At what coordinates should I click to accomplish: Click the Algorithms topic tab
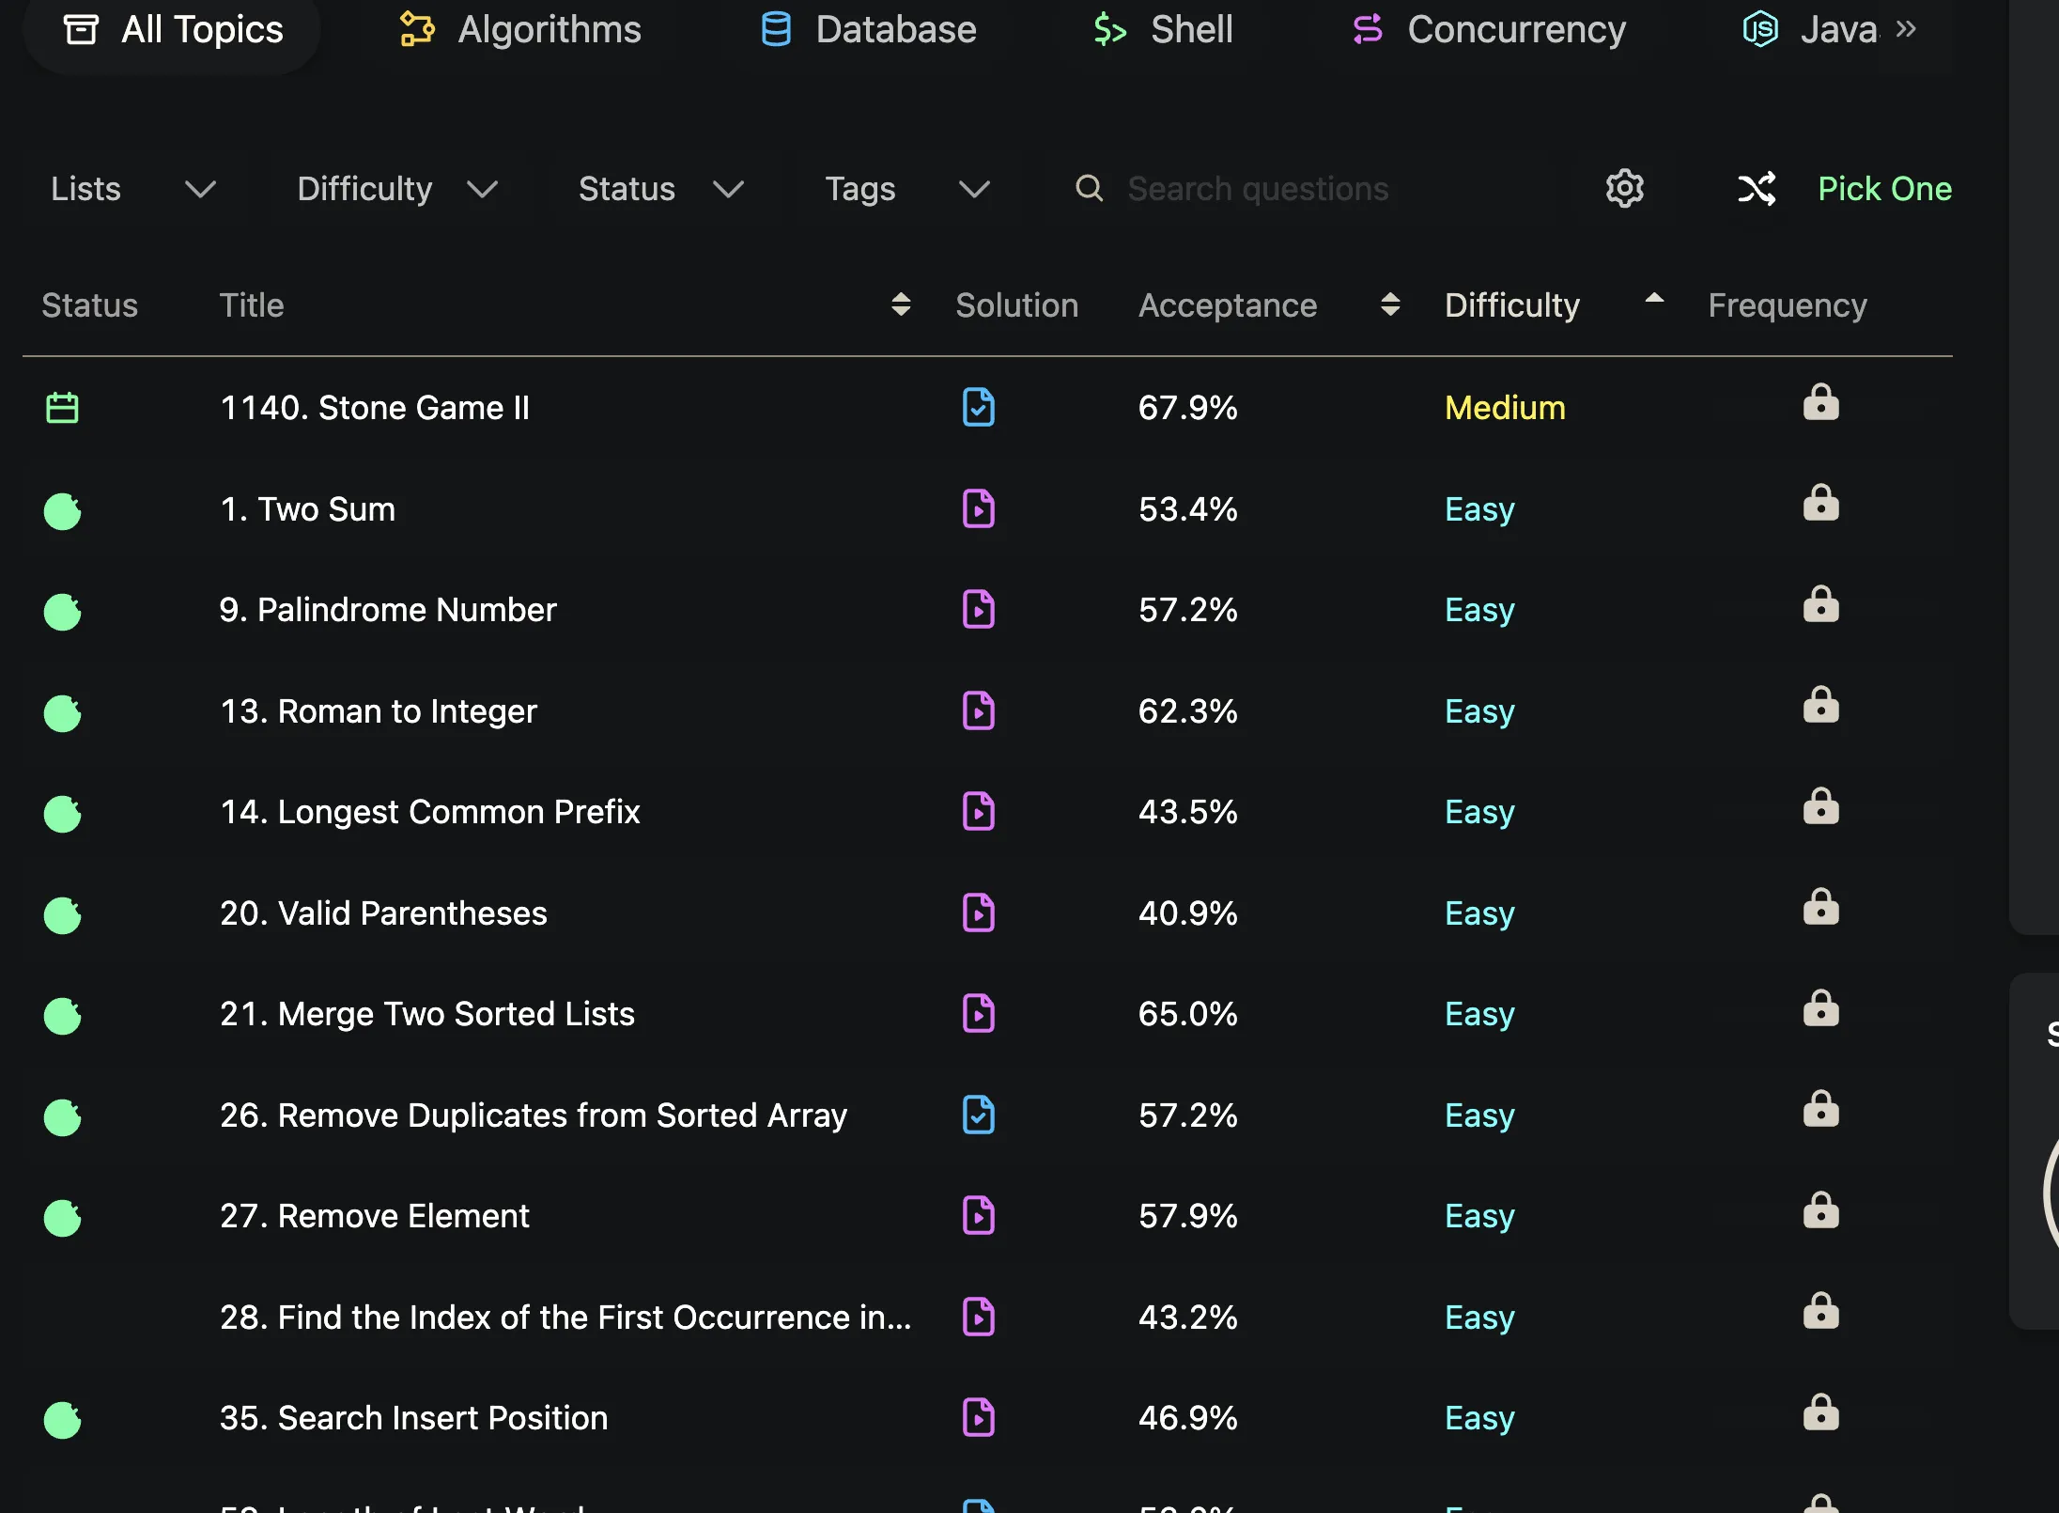[x=520, y=29]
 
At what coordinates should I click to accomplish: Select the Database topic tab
[x=868, y=29]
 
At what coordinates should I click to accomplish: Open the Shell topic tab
[x=1163, y=29]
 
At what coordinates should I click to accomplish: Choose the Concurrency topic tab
[x=1488, y=29]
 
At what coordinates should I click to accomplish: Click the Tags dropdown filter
[x=907, y=189]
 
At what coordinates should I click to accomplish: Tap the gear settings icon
[x=1624, y=189]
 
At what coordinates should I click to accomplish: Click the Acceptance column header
[x=1228, y=305]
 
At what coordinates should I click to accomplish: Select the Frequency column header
[x=1787, y=305]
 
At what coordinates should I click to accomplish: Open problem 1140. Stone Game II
[x=375, y=408]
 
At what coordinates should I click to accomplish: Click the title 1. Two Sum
[x=307, y=509]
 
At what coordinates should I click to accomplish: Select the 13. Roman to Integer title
[x=378, y=711]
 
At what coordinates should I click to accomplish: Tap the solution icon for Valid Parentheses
[x=979, y=912]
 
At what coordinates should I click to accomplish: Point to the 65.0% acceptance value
[x=1187, y=1014]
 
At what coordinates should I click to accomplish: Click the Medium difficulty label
[x=1505, y=408]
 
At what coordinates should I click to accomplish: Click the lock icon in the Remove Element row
[x=1820, y=1210]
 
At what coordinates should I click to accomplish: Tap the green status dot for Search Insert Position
[x=63, y=1420]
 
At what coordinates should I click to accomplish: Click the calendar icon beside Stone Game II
[x=63, y=408]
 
